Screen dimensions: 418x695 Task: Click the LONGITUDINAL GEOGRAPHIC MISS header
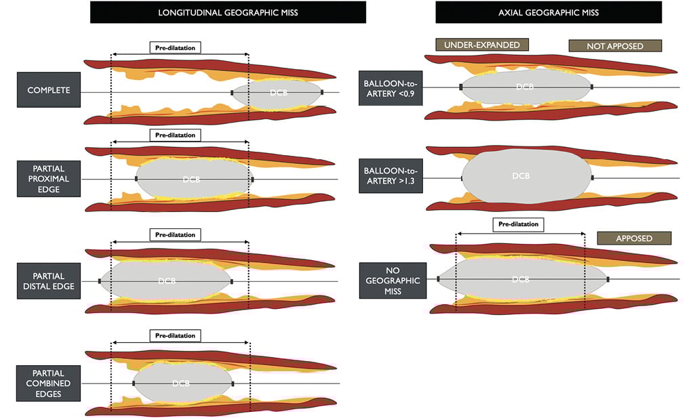coord(228,12)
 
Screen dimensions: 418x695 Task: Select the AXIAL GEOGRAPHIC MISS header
coord(549,12)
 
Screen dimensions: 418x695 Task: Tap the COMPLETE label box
coord(49,90)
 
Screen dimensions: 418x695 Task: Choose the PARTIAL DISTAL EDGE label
coord(48,280)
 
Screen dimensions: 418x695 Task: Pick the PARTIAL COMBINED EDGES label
coord(49,383)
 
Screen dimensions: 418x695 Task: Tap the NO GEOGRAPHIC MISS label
coord(393,280)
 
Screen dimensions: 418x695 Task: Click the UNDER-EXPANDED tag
coord(482,45)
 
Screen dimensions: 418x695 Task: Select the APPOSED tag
coord(634,238)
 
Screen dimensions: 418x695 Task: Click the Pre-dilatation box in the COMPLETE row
coord(176,48)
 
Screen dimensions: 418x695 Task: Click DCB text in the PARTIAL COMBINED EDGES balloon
coord(180,383)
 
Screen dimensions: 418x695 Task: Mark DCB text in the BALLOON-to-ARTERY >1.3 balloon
coord(521,175)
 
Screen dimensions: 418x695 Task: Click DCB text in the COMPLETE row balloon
coord(278,92)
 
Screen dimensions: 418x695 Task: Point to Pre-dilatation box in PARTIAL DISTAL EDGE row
coord(175,235)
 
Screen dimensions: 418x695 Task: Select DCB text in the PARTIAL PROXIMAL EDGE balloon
coord(192,180)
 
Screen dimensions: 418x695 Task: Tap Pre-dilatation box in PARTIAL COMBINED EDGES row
coord(175,335)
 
